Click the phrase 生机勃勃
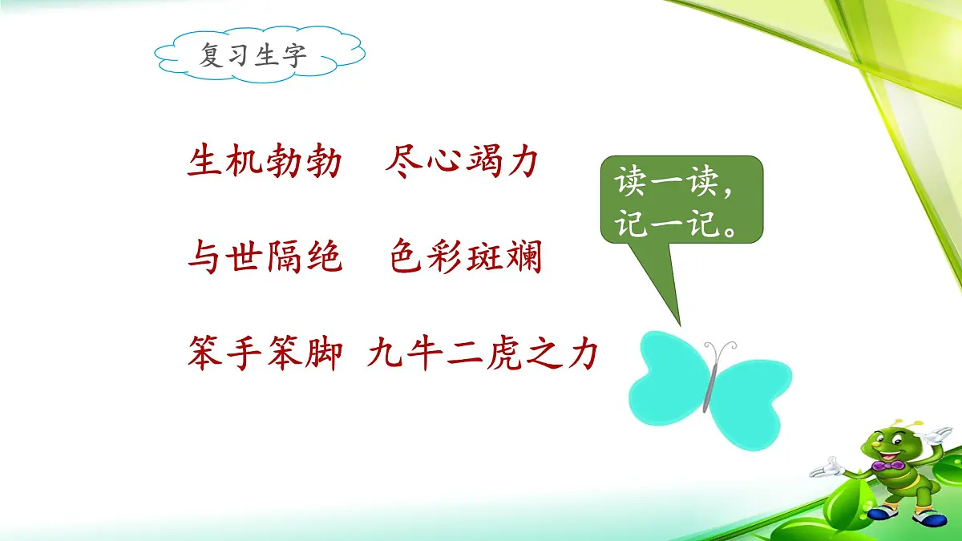[x=265, y=163]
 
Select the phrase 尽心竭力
[x=461, y=163]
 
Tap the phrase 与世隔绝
[x=265, y=258]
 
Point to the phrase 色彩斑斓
[x=466, y=258]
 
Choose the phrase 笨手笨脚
[x=265, y=353]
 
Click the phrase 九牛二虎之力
[x=483, y=353]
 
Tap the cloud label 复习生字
[x=253, y=56]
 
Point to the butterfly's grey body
[x=709, y=385]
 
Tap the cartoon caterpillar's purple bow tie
[x=887, y=465]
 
